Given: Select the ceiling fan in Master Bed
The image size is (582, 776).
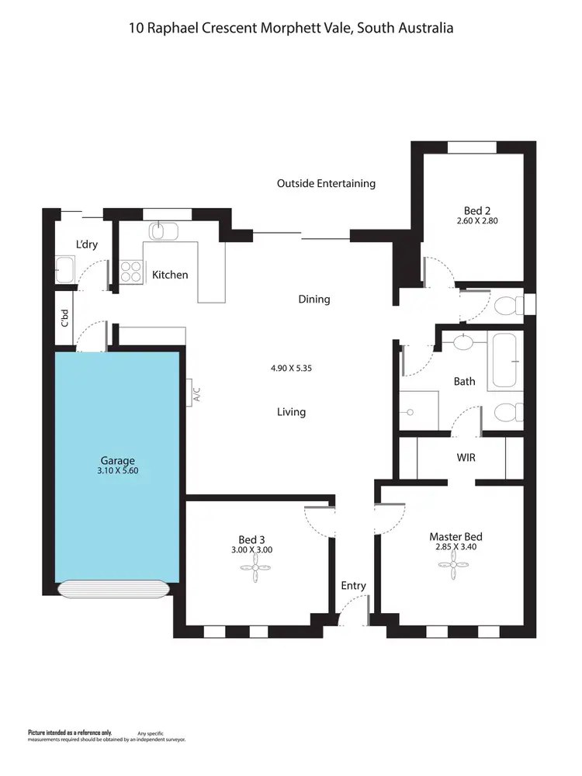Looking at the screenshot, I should [456, 571].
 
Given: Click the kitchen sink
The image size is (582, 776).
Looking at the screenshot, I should [164, 230].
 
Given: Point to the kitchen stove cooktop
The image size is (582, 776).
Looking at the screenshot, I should [131, 272].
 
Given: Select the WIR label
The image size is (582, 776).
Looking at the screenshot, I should [466, 458].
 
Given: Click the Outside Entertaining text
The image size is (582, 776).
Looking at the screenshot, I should [326, 184].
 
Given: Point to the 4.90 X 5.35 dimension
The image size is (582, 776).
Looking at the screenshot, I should [291, 369].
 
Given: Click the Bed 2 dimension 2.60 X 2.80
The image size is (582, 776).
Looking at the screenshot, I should [477, 221].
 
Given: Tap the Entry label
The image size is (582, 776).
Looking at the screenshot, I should [353, 586].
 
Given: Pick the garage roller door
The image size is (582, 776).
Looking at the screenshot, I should [113, 589].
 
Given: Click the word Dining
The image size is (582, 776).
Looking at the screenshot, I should [314, 299].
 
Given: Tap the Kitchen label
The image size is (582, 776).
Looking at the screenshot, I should [170, 275].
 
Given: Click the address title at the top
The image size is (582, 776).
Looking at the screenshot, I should [291, 28].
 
